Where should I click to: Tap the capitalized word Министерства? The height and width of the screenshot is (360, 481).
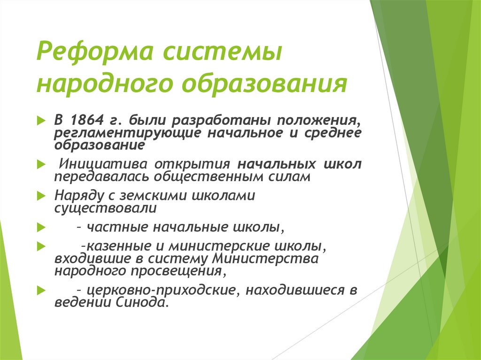(265, 258)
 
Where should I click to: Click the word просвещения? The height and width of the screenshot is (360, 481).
(178, 270)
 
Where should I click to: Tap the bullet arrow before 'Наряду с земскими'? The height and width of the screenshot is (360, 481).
(40, 196)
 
